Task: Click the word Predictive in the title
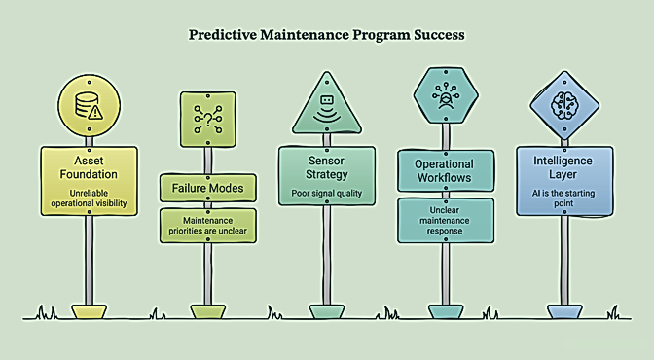(223, 35)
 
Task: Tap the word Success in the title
(439, 35)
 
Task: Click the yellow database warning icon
(89, 106)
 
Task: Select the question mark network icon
(207, 120)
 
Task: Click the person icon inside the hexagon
(446, 96)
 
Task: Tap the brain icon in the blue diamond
(564, 105)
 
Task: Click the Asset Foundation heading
(89, 167)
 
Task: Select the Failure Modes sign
(207, 188)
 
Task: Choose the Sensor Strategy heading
(327, 167)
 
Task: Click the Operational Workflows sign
(446, 171)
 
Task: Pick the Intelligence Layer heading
(563, 167)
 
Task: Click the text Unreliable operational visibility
(89, 198)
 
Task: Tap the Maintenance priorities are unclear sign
(207, 226)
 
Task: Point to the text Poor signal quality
(327, 194)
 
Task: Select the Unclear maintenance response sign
(446, 221)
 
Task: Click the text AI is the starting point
(563, 198)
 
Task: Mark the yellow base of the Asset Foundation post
(89, 311)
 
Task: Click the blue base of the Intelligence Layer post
(564, 311)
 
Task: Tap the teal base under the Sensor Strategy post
(327, 311)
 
